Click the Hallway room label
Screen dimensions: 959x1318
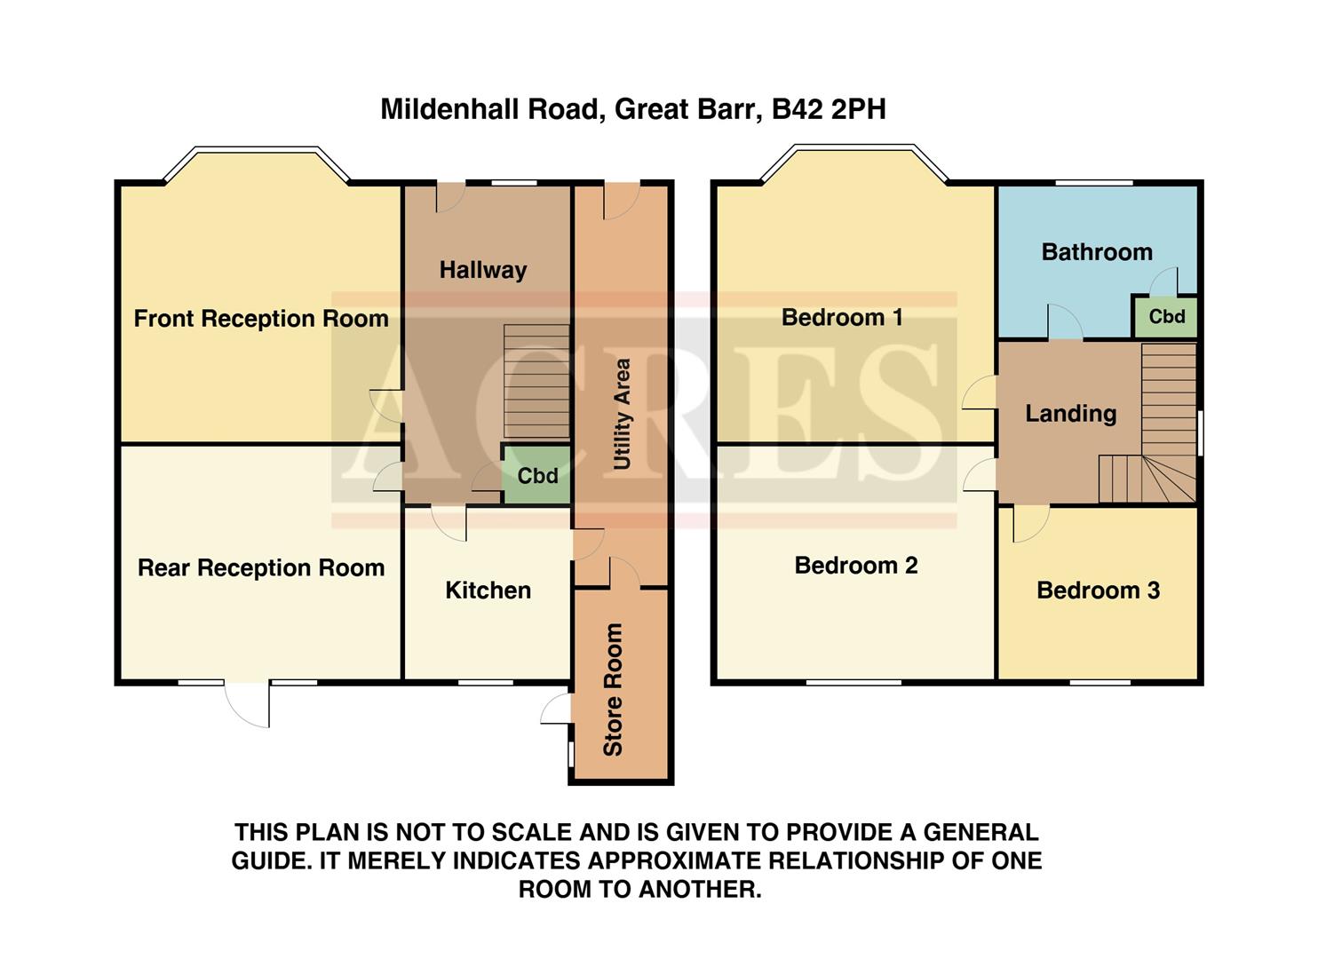pyautogui.click(x=483, y=270)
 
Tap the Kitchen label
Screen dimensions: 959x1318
pyautogui.click(x=488, y=590)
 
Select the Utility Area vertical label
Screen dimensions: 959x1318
pyautogui.click(x=622, y=414)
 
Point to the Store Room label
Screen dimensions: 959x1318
pyautogui.click(x=613, y=689)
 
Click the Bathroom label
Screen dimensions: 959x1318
pyautogui.click(x=1097, y=252)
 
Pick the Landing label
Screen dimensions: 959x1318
pyautogui.click(x=1070, y=414)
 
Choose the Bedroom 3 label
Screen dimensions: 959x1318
pyautogui.click(x=1098, y=590)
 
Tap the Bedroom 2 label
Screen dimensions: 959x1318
pyautogui.click(x=855, y=566)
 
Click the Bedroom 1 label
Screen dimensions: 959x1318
pyautogui.click(x=842, y=318)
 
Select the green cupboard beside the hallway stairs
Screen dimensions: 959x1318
pyautogui.click(x=537, y=476)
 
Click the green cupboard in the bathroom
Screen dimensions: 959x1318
pyautogui.click(x=1166, y=317)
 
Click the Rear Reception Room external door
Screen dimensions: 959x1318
pyautogui.click(x=248, y=703)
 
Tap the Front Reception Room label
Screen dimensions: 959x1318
pyautogui.click(x=261, y=319)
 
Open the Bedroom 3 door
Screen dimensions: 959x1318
pyautogui.click(x=1030, y=524)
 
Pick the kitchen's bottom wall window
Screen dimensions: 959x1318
pyautogui.click(x=486, y=682)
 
